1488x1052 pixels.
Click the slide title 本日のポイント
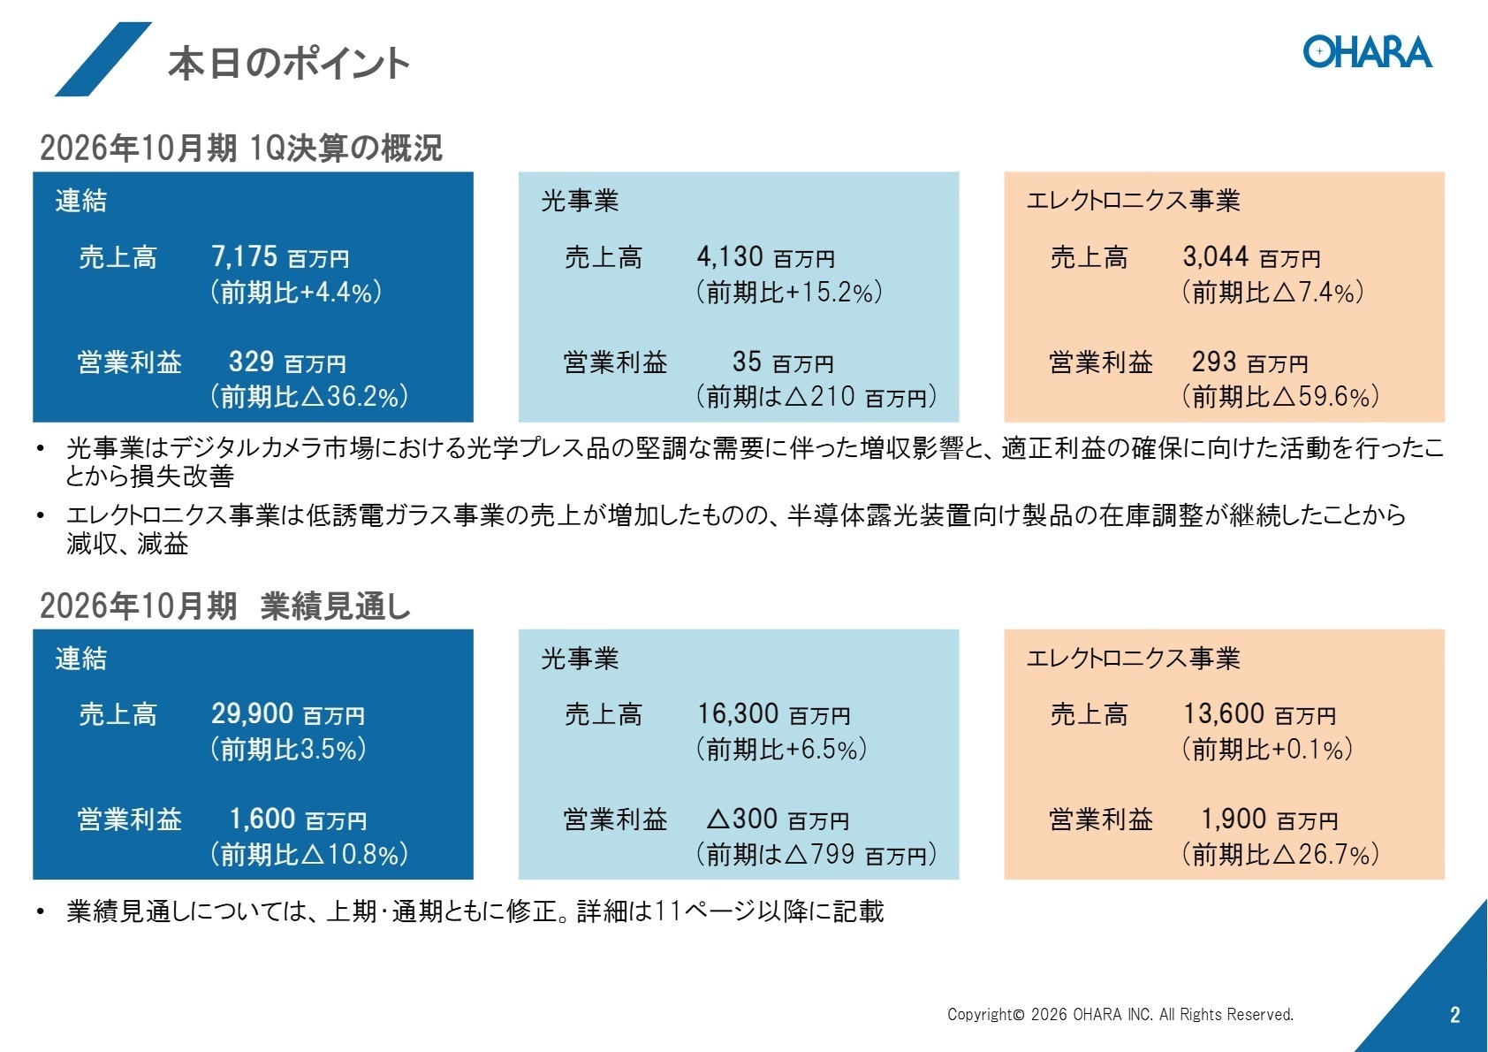click(288, 64)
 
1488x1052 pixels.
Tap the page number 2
click(1454, 1015)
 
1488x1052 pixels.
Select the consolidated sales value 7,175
click(244, 256)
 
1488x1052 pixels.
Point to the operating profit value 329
click(251, 362)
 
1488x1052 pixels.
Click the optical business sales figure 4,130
click(730, 256)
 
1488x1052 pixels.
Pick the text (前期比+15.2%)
click(789, 292)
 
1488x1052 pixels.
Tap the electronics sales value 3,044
click(1215, 256)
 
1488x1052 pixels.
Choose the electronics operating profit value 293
click(1213, 362)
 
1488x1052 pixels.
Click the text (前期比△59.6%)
click(1280, 396)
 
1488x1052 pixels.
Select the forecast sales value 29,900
click(252, 713)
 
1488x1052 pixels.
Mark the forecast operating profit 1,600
click(262, 819)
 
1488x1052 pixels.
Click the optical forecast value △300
click(741, 819)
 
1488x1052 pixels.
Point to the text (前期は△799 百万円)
click(816, 854)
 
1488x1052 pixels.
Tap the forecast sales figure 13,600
click(1223, 713)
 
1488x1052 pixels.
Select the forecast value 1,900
click(1233, 819)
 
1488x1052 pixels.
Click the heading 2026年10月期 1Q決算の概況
click(240, 148)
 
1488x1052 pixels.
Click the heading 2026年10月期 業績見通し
click(225, 606)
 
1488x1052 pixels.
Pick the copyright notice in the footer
click(1120, 1015)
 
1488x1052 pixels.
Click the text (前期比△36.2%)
click(308, 396)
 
